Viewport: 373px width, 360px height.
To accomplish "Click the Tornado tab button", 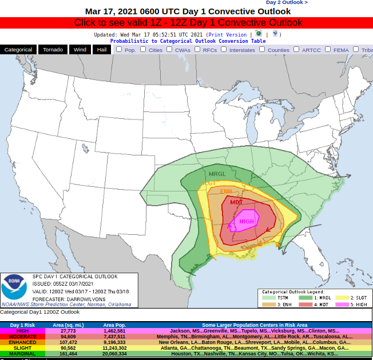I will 53,50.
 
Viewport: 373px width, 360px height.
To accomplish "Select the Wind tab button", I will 80,50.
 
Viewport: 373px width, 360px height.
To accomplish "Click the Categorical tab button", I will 18,50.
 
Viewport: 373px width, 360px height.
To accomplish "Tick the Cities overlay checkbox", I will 144,49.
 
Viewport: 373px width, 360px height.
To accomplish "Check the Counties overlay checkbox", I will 262,49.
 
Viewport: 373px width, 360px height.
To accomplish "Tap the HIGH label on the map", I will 247,221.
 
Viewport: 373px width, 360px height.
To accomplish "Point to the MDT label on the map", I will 236,202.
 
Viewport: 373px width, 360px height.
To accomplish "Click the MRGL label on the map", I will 217,174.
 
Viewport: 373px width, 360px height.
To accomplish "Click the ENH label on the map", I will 227,191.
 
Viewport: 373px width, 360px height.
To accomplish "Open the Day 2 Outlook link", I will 287,2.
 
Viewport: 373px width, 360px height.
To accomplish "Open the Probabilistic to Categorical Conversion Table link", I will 188,41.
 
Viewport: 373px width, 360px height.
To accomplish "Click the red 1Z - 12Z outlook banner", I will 186,23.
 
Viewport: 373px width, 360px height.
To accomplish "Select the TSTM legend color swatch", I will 269,298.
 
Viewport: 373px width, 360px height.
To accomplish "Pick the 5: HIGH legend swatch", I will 342,304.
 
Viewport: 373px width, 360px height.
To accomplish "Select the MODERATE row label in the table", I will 22,337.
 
